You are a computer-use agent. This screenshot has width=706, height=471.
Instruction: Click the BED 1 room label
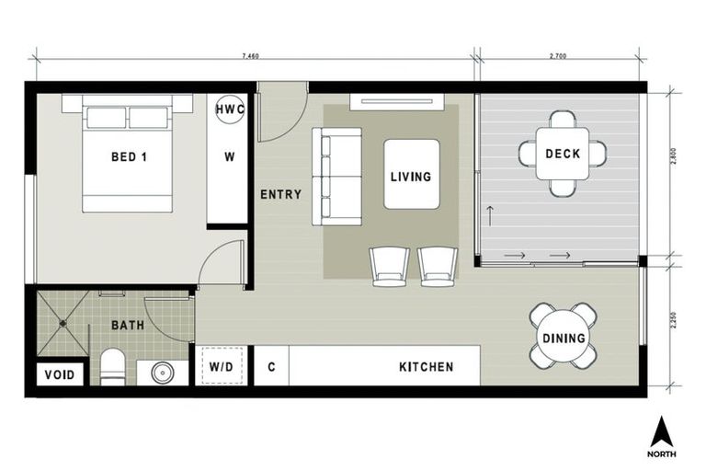pyautogui.click(x=129, y=156)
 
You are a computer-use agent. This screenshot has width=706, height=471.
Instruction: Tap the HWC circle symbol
pyautogui.click(x=229, y=109)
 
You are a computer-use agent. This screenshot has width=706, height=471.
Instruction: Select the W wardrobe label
pyautogui.click(x=229, y=156)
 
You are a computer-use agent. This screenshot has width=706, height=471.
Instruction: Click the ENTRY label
pyautogui.click(x=280, y=194)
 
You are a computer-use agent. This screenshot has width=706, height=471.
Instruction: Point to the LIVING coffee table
pyautogui.click(x=411, y=175)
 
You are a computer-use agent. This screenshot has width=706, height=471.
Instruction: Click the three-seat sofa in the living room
pyautogui.click(x=336, y=176)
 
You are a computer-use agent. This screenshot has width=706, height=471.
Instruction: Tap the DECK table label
pyautogui.click(x=562, y=154)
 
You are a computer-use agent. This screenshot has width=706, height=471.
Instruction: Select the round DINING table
pyautogui.click(x=563, y=338)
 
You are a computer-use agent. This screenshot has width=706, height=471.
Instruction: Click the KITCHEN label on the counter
pyautogui.click(x=426, y=366)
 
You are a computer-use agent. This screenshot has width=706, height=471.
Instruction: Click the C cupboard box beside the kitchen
pyautogui.click(x=271, y=366)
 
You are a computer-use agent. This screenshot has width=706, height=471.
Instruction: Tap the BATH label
pyautogui.click(x=128, y=326)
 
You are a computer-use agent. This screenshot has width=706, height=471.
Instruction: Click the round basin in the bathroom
pyautogui.click(x=163, y=373)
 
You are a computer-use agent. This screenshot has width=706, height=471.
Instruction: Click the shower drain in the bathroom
pyautogui.click(x=63, y=323)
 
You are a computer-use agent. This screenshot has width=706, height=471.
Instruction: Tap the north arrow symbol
pyautogui.click(x=661, y=432)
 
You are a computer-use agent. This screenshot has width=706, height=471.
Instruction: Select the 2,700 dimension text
pyautogui.click(x=557, y=57)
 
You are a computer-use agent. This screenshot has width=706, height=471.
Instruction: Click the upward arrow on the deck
pyautogui.click(x=490, y=218)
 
